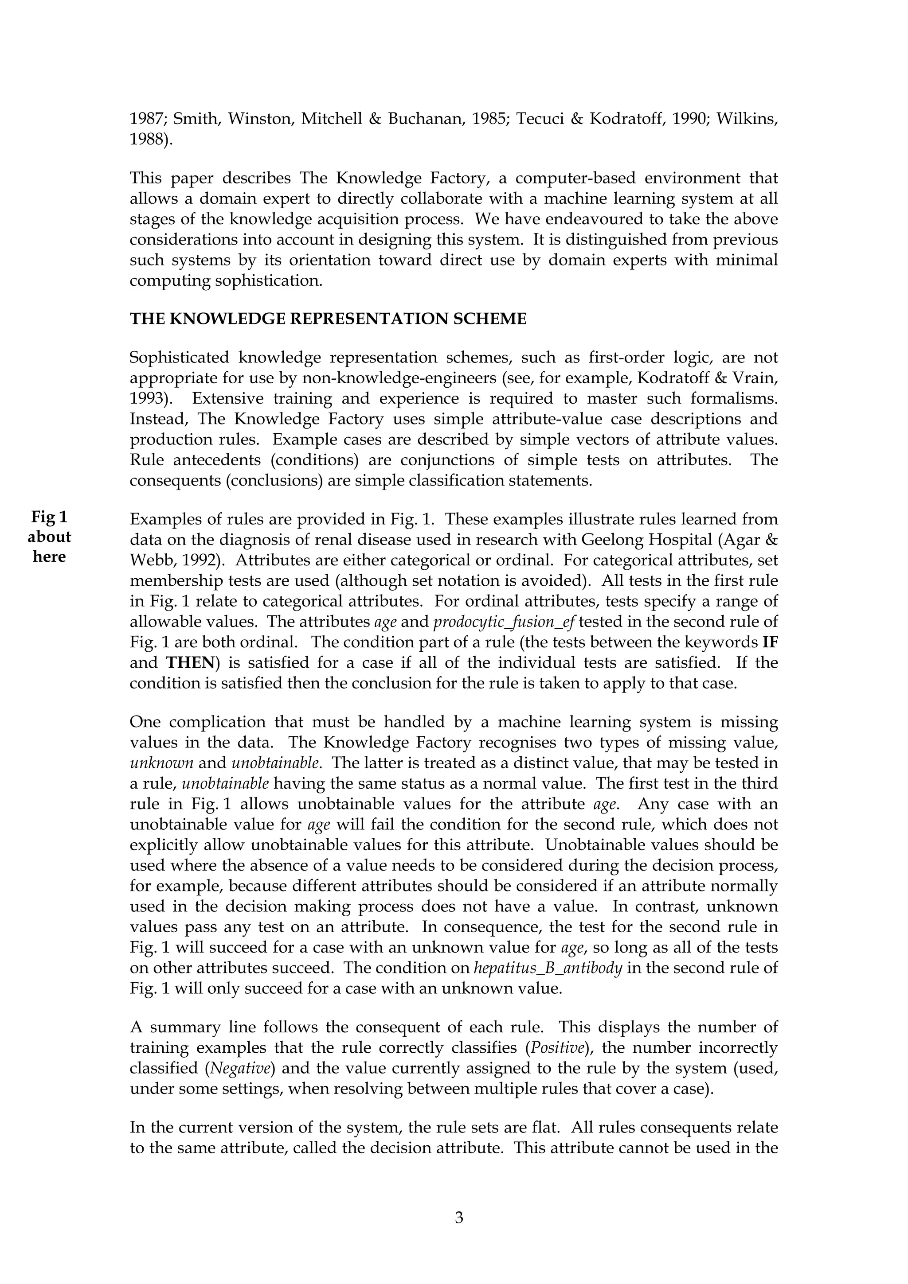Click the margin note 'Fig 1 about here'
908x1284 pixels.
pos(49,536)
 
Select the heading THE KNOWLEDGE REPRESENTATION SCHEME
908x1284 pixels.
pos(328,319)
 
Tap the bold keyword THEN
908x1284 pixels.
pos(190,663)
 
